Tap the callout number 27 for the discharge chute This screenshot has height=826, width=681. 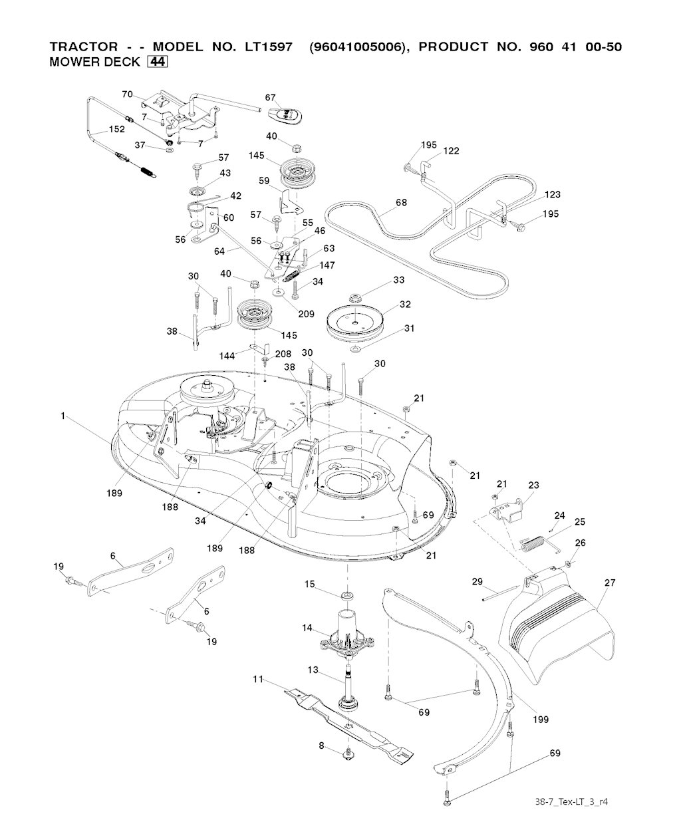click(609, 583)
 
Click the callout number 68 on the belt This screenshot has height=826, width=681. click(401, 202)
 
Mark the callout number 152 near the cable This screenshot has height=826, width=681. click(117, 129)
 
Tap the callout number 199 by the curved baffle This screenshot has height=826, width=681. click(541, 719)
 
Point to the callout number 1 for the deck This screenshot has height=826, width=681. click(63, 416)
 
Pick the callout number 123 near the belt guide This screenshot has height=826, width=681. click(552, 194)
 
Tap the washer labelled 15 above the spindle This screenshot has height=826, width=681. click(346, 593)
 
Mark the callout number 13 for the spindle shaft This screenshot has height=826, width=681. click(313, 670)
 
